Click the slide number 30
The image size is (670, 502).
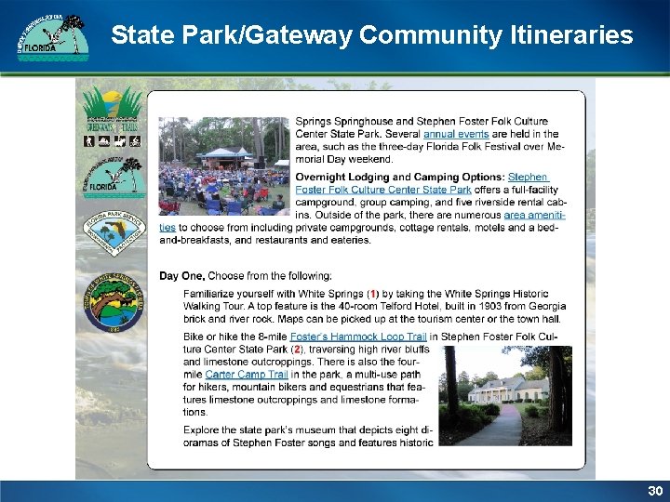pos(654,490)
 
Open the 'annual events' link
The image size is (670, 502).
pos(450,134)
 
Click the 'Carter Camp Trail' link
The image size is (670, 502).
pos(247,374)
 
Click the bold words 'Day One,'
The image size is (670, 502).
pos(182,275)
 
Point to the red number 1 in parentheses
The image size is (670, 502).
pos(373,293)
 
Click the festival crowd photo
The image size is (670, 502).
pos(223,165)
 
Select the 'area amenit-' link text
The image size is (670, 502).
pos(534,215)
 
